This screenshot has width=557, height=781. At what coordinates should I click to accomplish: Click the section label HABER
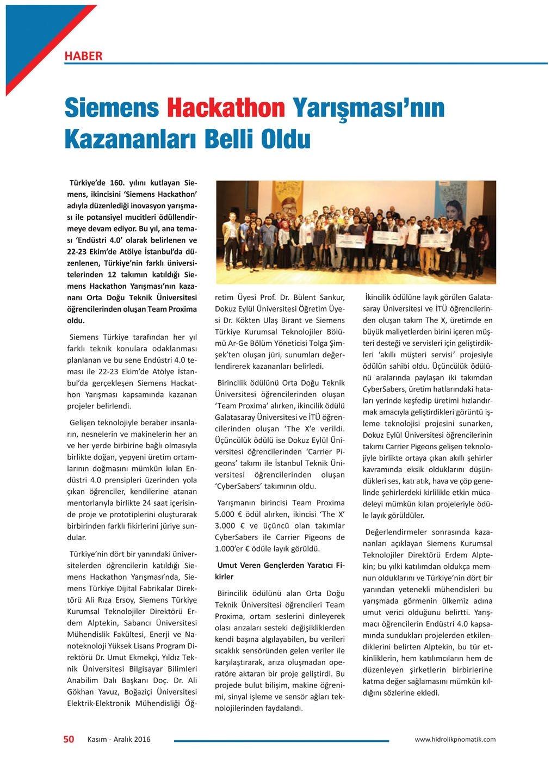click(83, 55)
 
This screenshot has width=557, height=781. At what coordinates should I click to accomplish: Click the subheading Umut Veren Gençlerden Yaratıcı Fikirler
click(280, 571)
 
